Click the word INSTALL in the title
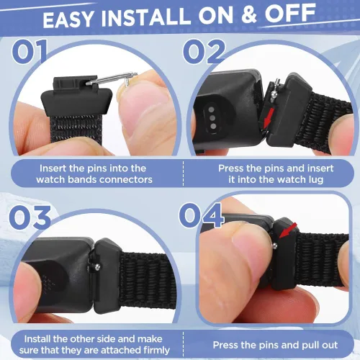pos(146,17)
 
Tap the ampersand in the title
pos(249,14)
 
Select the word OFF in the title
pos(290,12)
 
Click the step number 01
pos(30,52)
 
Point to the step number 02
pos(204,51)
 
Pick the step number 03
pos(30,217)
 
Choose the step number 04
pos(201,215)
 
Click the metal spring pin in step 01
pos(112,78)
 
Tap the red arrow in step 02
pos(268,117)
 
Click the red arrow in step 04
pos(288,230)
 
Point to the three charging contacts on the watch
pos(212,117)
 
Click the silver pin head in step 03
pos(97,266)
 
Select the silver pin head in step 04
pos(275,246)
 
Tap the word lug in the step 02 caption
pos(315,180)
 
